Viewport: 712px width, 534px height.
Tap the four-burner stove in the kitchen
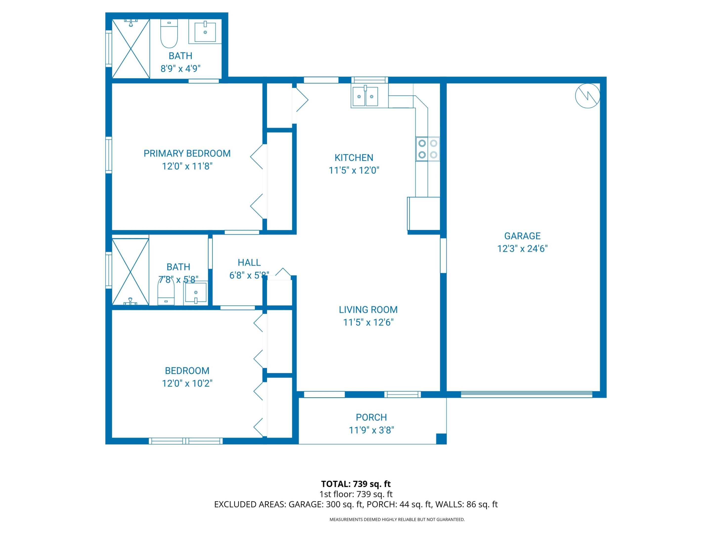click(427, 149)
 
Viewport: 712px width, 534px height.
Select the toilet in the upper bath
click(169, 33)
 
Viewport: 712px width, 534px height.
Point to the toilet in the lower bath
click(166, 292)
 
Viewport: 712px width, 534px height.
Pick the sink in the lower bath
click(195, 293)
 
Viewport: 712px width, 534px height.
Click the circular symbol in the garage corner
click(587, 96)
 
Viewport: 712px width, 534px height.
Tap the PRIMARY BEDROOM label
click(187, 154)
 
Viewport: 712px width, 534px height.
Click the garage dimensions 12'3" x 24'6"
click(522, 249)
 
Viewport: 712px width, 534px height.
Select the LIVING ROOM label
click(368, 310)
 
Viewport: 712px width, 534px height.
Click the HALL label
click(249, 263)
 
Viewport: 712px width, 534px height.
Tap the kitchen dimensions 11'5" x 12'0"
click(354, 170)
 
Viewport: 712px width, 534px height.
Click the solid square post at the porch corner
click(441, 439)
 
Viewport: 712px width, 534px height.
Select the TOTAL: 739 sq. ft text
click(356, 484)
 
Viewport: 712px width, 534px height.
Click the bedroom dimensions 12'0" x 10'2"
click(187, 383)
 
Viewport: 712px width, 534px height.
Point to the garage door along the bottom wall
click(526, 394)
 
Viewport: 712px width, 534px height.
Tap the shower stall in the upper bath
click(131, 49)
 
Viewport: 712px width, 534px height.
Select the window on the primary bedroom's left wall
click(109, 155)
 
